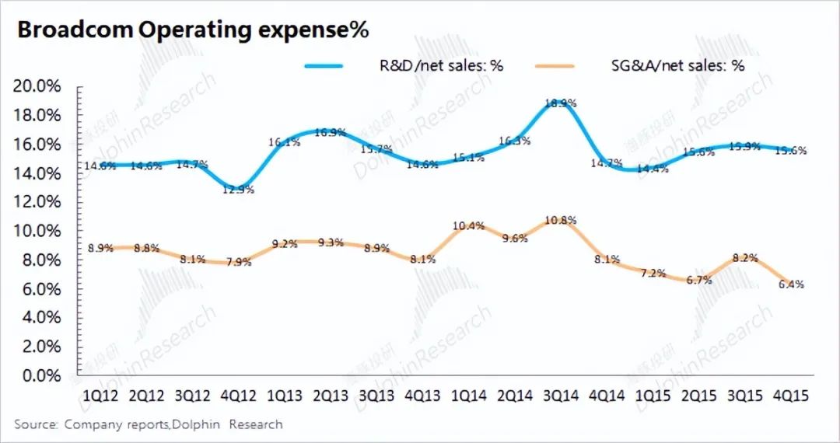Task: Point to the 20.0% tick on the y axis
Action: [37, 86]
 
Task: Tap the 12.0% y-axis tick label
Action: [37, 202]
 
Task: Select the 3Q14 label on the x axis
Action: [561, 396]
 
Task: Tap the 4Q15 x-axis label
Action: [790, 396]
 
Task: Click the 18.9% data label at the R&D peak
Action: [560, 103]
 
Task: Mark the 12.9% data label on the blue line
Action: [236, 189]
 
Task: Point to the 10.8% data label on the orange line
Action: [561, 220]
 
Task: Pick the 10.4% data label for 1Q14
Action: [468, 226]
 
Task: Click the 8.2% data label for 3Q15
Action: [744, 258]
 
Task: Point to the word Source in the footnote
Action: [36, 424]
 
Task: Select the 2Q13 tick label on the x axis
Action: [330, 396]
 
